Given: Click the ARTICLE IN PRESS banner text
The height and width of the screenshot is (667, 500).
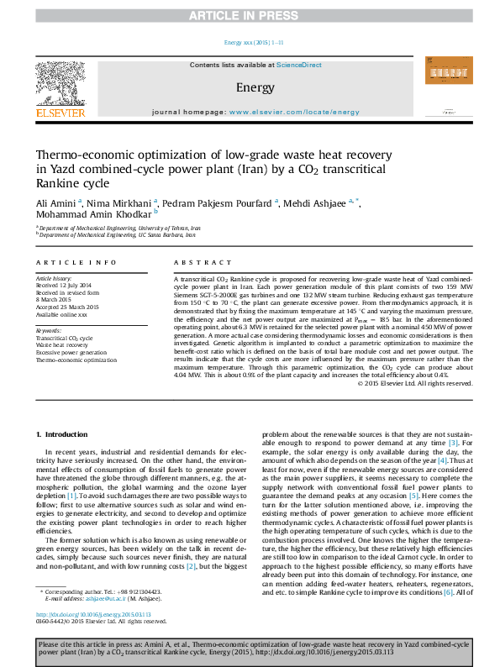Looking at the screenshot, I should coord(250,16).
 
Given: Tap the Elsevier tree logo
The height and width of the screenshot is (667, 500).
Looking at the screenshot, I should coord(60,85).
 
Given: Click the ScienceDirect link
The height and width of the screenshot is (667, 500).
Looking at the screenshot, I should coord(299,65).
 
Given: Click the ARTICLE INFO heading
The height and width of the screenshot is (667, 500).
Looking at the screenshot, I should coord(76,263).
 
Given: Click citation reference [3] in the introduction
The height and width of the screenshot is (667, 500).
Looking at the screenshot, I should coord(453,443).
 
